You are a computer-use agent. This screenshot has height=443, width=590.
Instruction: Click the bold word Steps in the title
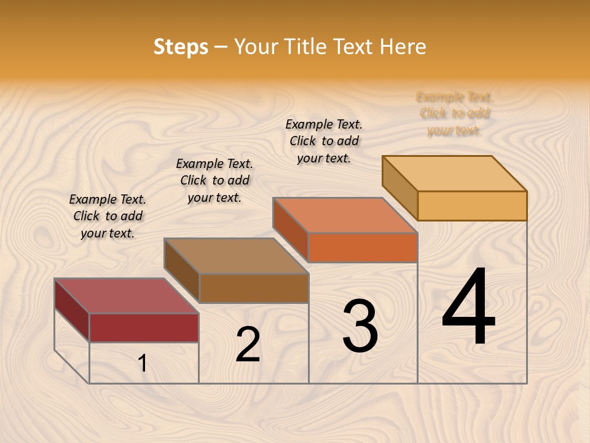(x=180, y=47)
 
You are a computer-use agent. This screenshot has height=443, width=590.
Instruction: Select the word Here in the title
(x=403, y=47)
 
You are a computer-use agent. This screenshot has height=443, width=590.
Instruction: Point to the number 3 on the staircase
(x=360, y=326)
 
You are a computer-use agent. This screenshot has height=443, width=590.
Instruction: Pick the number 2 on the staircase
(x=248, y=345)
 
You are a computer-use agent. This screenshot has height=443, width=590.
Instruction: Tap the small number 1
(x=143, y=364)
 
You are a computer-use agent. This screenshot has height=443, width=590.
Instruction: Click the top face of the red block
(x=126, y=296)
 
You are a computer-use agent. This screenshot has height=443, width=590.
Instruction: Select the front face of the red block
(x=144, y=327)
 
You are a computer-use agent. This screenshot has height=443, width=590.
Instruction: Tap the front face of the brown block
(x=254, y=288)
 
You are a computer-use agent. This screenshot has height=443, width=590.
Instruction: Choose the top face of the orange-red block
(x=345, y=215)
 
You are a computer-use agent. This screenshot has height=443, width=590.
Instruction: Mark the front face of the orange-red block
(x=363, y=247)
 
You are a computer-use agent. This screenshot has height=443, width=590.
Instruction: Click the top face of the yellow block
(x=455, y=174)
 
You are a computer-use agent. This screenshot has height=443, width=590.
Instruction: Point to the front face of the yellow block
(x=472, y=206)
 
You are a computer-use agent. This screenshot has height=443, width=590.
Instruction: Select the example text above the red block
(x=108, y=216)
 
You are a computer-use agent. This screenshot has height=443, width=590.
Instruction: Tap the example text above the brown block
(x=214, y=180)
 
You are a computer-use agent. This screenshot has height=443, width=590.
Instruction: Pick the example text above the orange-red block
(x=324, y=141)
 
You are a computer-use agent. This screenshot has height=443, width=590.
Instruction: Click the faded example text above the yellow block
(x=455, y=113)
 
